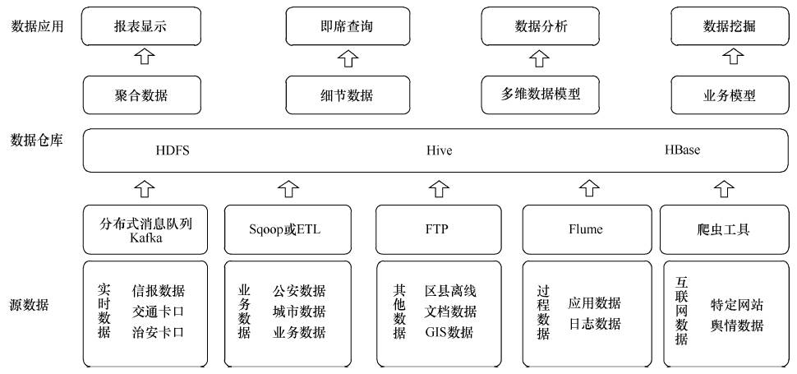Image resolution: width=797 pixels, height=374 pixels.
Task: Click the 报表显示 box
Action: (x=141, y=26)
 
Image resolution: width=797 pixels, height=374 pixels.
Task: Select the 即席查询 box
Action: (x=348, y=26)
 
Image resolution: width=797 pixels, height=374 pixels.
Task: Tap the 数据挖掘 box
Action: (x=730, y=26)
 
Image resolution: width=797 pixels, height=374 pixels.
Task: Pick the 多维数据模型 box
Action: (x=541, y=95)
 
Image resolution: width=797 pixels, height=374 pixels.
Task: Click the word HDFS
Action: (x=173, y=150)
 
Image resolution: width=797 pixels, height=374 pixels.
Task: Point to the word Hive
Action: (x=439, y=150)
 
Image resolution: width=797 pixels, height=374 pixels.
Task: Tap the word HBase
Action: (x=682, y=150)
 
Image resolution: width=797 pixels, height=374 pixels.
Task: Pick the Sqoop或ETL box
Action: (x=288, y=229)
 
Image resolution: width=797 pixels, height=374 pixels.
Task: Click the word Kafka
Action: (x=146, y=237)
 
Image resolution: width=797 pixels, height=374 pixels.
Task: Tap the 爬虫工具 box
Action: (x=724, y=229)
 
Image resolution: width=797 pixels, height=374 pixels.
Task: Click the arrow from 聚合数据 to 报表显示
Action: (x=145, y=56)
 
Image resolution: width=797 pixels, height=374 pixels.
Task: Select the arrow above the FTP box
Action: (x=439, y=188)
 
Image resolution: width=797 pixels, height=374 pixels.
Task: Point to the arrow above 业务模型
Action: (x=732, y=56)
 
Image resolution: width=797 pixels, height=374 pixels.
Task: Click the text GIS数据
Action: (x=449, y=332)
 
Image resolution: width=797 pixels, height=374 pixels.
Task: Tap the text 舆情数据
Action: (x=737, y=326)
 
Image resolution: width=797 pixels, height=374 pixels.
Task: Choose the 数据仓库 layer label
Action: (x=37, y=141)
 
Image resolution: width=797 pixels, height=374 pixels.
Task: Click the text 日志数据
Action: (x=594, y=323)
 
